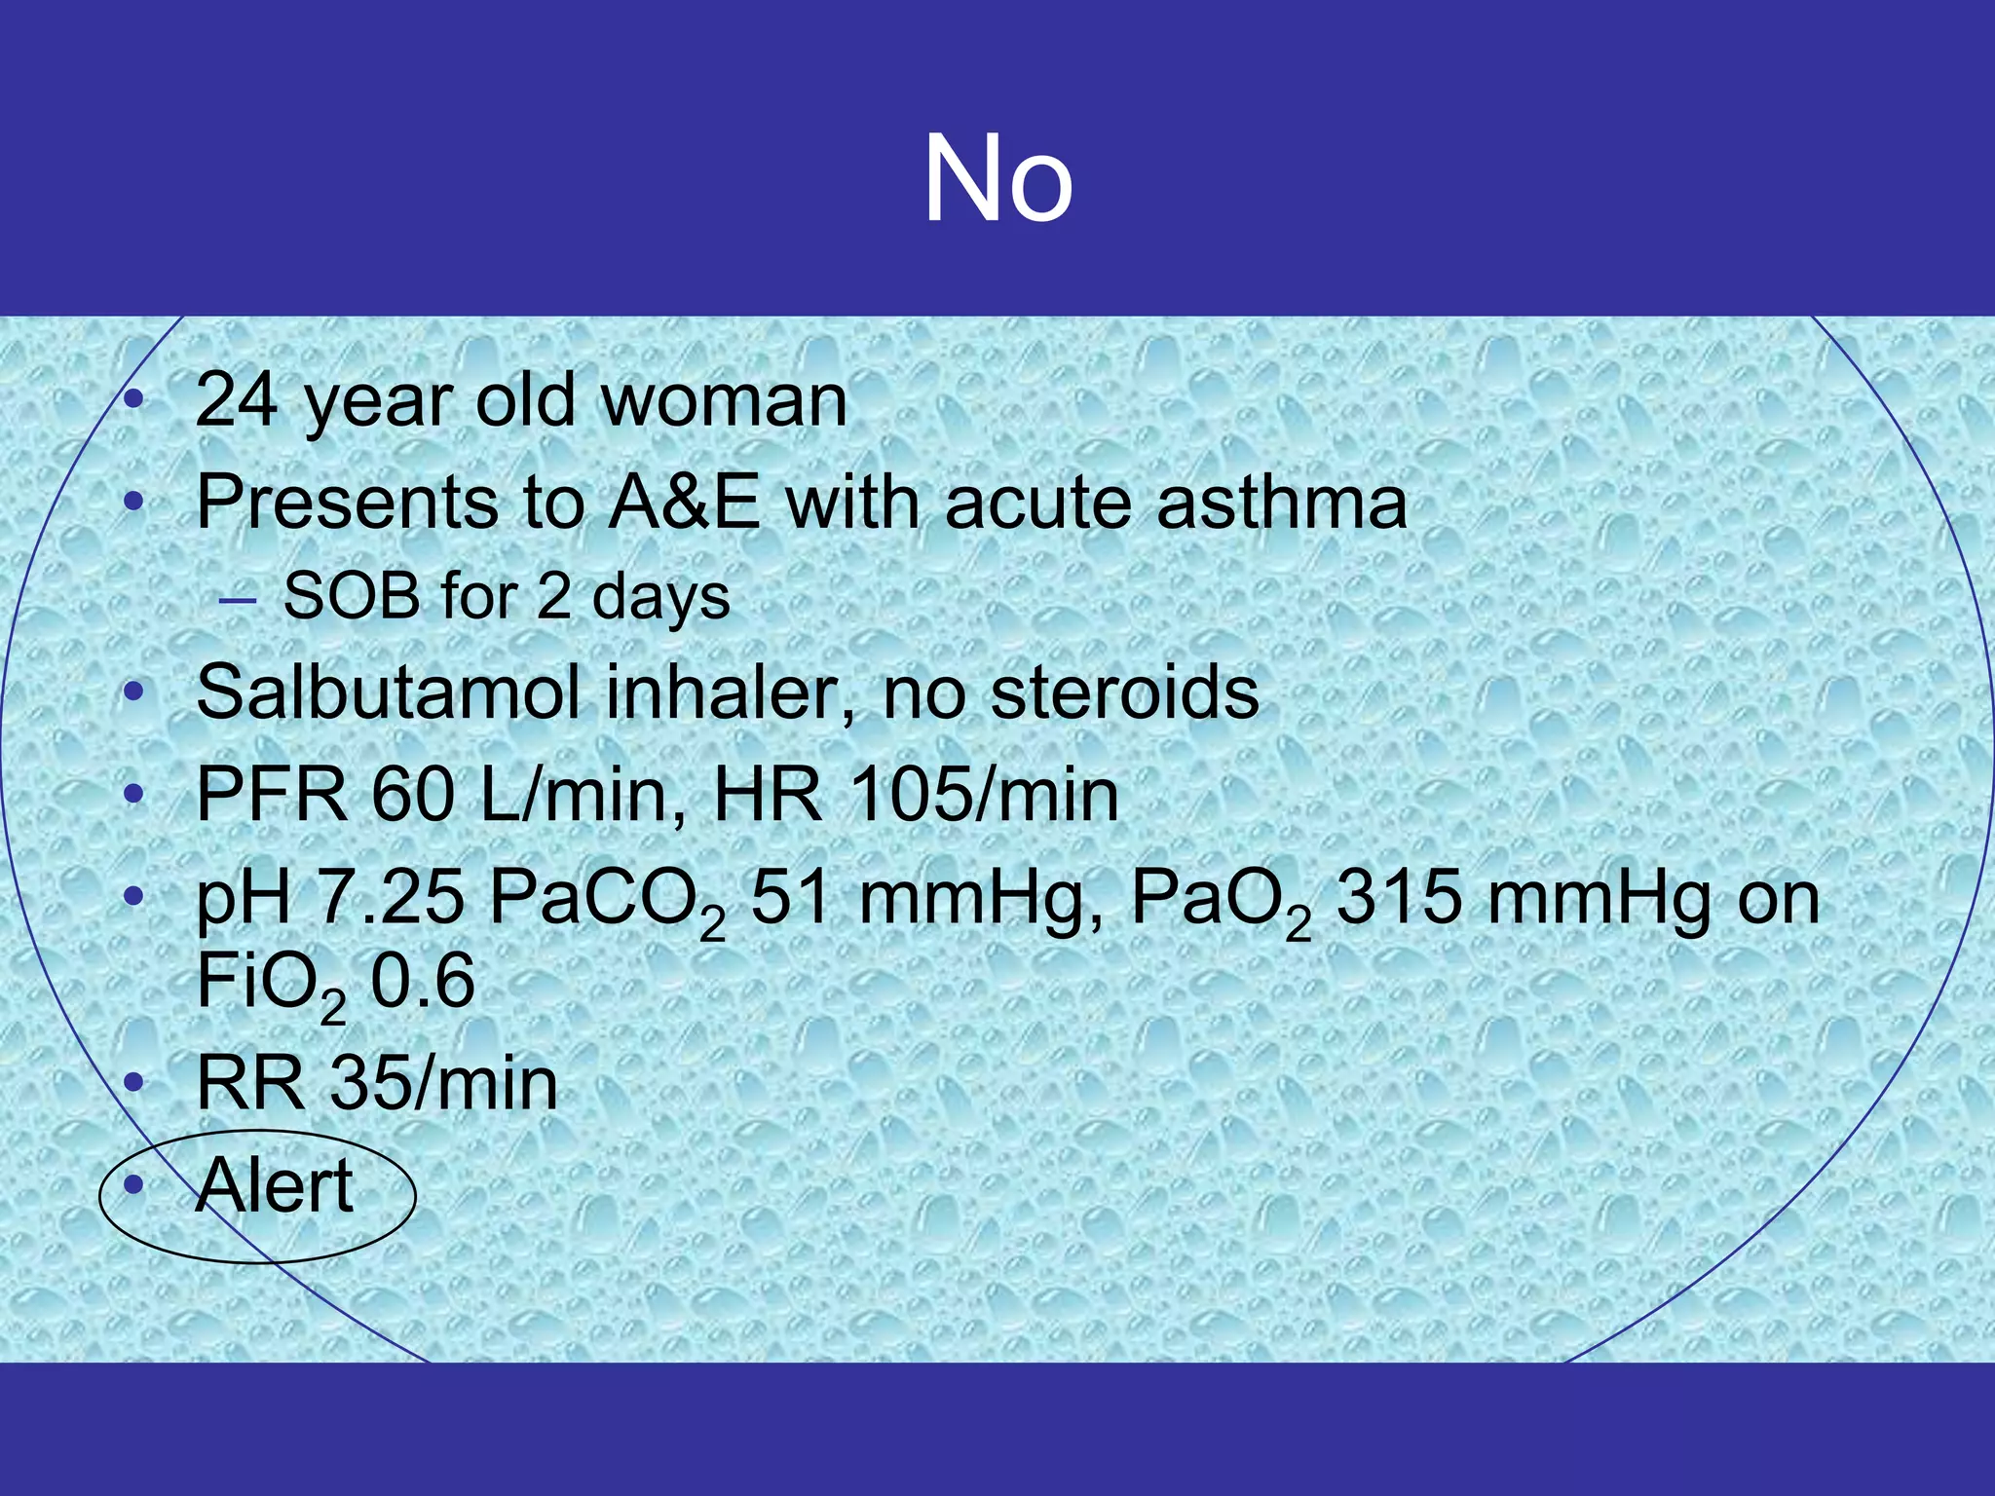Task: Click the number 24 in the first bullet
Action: pyautogui.click(x=236, y=400)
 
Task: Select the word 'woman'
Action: pyautogui.click(x=725, y=400)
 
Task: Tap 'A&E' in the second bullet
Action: pyautogui.click(x=684, y=503)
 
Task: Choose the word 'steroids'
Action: pyautogui.click(x=1124, y=693)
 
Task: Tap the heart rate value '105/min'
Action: pyautogui.click(x=984, y=796)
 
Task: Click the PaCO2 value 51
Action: pyautogui.click(x=790, y=897)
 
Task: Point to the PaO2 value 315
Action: pyautogui.click(x=1399, y=897)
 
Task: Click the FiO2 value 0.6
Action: pyautogui.click(x=423, y=981)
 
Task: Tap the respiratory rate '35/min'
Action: pyautogui.click(x=444, y=1083)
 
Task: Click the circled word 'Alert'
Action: pyautogui.click(x=275, y=1185)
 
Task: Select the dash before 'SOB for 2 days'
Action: pyautogui.click(x=238, y=601)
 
